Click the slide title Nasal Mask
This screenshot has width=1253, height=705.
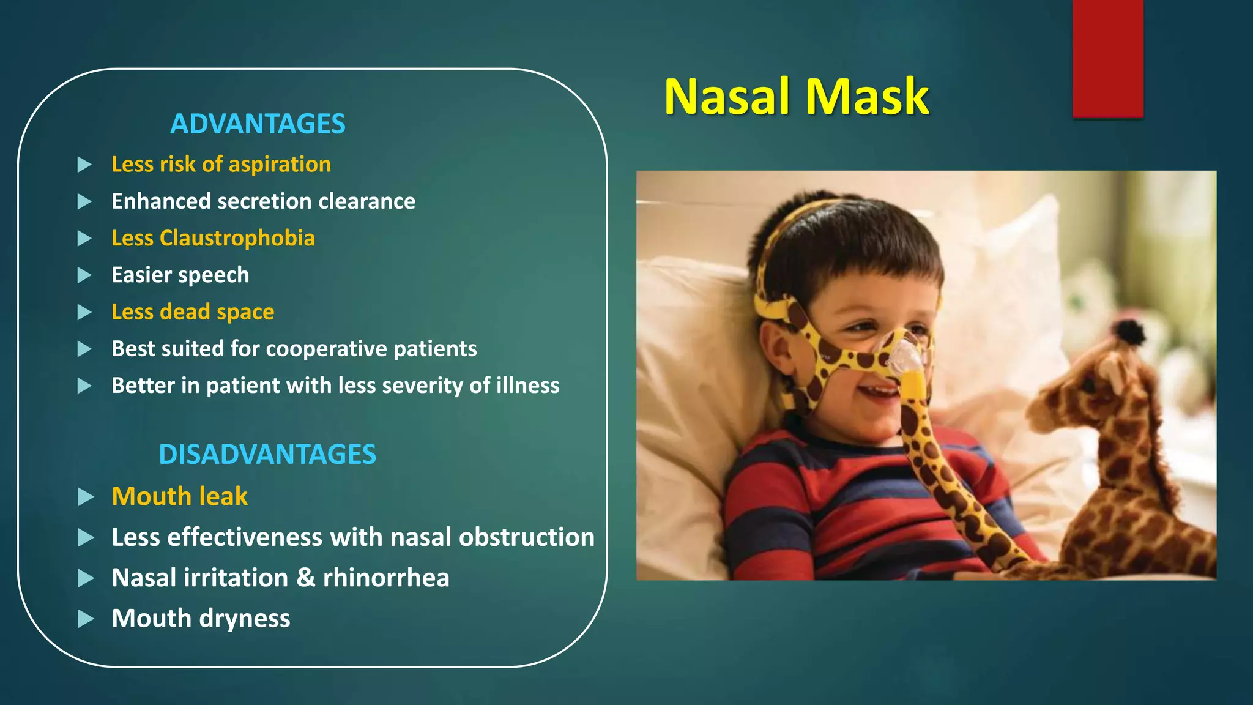[x=796, y=97]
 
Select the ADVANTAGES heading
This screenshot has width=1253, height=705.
[x=258, y=124]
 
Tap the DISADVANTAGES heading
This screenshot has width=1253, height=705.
[x=267, y=454]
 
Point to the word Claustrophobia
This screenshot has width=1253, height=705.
[x=237, y=238]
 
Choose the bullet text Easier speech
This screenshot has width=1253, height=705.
[x=180, y=275]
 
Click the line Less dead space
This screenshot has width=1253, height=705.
[x=193, y=311]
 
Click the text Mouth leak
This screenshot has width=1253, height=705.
[x=179, y=496]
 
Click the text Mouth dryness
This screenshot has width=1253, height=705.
[x=201, y=618]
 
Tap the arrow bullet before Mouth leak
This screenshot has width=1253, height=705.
[x=86, y=497]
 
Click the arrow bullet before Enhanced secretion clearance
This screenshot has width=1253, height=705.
[x=84, y=201]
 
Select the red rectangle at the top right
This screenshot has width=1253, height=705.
[x=1107, y=58]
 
